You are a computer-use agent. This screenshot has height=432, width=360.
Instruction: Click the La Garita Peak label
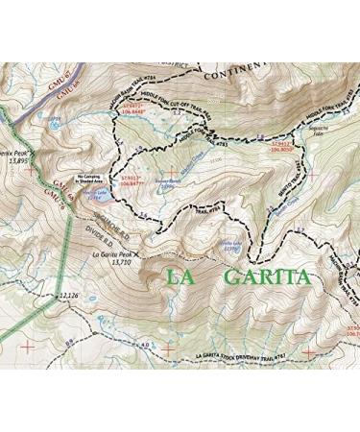[x=111, y=254]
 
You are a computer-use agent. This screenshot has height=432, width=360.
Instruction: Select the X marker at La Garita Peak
[x=138, y=254]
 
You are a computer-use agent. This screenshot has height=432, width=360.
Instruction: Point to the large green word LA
[x=184, y=277]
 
